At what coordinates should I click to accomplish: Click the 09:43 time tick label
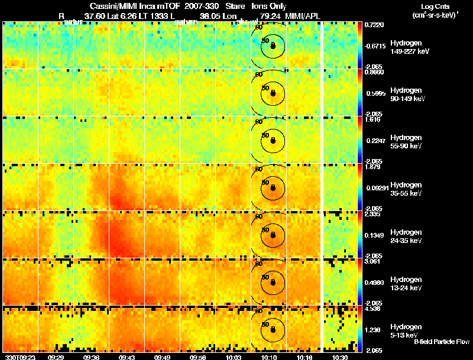click(x=127, y=357)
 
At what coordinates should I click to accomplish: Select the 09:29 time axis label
click(x=56, y=357)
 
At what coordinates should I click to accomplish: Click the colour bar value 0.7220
click(x=374, y=25)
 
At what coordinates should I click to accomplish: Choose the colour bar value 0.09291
click(x=375, y=187)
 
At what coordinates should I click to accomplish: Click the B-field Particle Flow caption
click(x=441, y=342)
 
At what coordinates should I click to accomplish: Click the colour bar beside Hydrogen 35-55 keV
click(x=360, y=187)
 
